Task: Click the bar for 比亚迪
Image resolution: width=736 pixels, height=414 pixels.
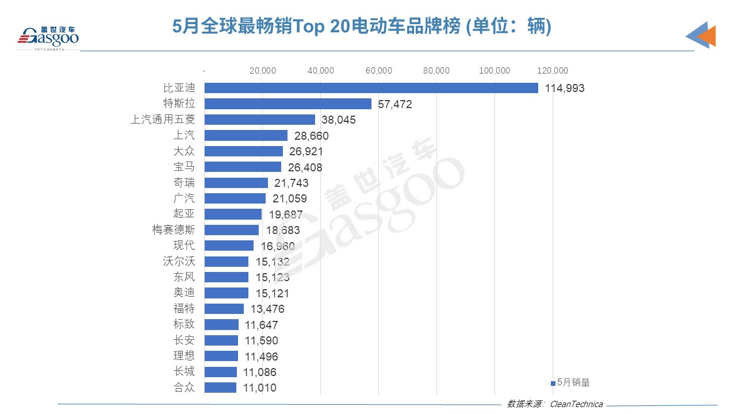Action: (371, 88)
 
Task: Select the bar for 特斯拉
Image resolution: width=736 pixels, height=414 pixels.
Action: (288, 104)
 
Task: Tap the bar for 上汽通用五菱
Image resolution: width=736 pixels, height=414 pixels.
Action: (260, 120)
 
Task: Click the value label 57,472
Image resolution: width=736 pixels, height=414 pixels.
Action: (395, 104)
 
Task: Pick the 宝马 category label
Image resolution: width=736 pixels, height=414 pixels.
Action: (184, 167)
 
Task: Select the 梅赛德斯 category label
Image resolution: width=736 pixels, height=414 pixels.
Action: (174, 230)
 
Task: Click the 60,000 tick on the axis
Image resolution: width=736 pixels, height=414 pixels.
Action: (378, 71)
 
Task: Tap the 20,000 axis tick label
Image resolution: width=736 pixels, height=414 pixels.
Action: (263, 71)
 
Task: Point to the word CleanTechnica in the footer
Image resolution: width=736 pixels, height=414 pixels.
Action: (577, 404)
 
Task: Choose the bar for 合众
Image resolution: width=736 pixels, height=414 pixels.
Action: (220, 388)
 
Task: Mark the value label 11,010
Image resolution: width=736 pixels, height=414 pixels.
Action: (259, 388)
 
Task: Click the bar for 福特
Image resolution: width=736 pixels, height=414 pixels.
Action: (224, 309)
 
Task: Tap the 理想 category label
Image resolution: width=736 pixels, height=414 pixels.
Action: (184, 356)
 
